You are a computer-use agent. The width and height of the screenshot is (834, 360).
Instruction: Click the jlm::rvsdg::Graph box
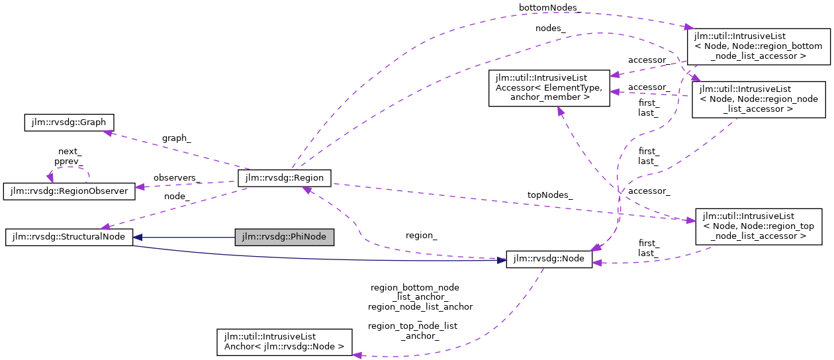[69, 122]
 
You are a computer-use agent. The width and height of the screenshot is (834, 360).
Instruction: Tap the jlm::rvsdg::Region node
[284, 177]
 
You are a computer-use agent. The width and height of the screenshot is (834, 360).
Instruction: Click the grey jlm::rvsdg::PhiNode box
[285, 237]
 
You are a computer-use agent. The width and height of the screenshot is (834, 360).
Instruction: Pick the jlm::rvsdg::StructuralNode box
[69, 237]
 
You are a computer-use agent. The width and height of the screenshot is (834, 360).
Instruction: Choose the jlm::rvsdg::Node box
[549, 259]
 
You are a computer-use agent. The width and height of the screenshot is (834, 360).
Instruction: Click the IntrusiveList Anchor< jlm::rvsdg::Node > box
[285, 341]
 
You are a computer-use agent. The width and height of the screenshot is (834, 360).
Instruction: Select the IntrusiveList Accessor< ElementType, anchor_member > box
[548, 88]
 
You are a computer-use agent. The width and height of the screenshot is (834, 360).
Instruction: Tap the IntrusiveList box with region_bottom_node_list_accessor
[757, 46]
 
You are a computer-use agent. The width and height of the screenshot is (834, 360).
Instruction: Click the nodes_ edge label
[550, 28]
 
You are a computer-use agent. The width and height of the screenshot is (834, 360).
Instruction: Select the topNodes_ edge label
[550, 195]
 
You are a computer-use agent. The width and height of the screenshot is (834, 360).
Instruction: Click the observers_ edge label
[177, 178]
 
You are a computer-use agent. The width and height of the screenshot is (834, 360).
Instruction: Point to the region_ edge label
[421, 235]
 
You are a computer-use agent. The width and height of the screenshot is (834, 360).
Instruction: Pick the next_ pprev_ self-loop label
[69, 156]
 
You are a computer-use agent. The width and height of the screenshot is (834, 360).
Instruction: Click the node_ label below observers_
[177, 197]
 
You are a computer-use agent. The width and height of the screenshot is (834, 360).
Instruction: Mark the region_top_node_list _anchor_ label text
[413, 331]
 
